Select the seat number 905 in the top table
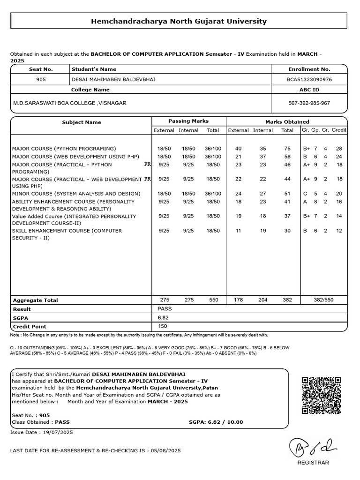(x=41, y=79)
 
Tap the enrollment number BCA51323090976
(x=309, y=79)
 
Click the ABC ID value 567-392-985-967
(x=309, y=103)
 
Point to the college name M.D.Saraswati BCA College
(x=69, y=103)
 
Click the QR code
(x=321, y=395)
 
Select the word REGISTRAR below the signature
(x=313, y=463)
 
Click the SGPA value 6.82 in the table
(x=164, y=317)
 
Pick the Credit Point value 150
(x=163, y=326)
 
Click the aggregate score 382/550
(x=324, y=300)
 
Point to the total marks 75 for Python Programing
(x=287, y=148)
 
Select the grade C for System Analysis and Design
(x=305, y=194)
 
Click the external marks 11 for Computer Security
(x=238, y=231)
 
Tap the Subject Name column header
(x=82, y=122)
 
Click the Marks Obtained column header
(x=287, y=121)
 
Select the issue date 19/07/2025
(x=57, y=432)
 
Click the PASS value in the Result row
(x=165, y=309)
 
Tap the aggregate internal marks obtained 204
(x=262, y=300)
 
